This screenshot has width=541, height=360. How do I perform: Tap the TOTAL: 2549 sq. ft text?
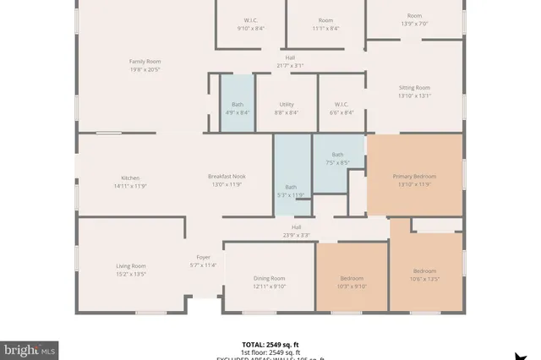(x=270, y=345)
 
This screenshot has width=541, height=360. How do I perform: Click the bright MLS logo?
(x=30, y=348)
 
